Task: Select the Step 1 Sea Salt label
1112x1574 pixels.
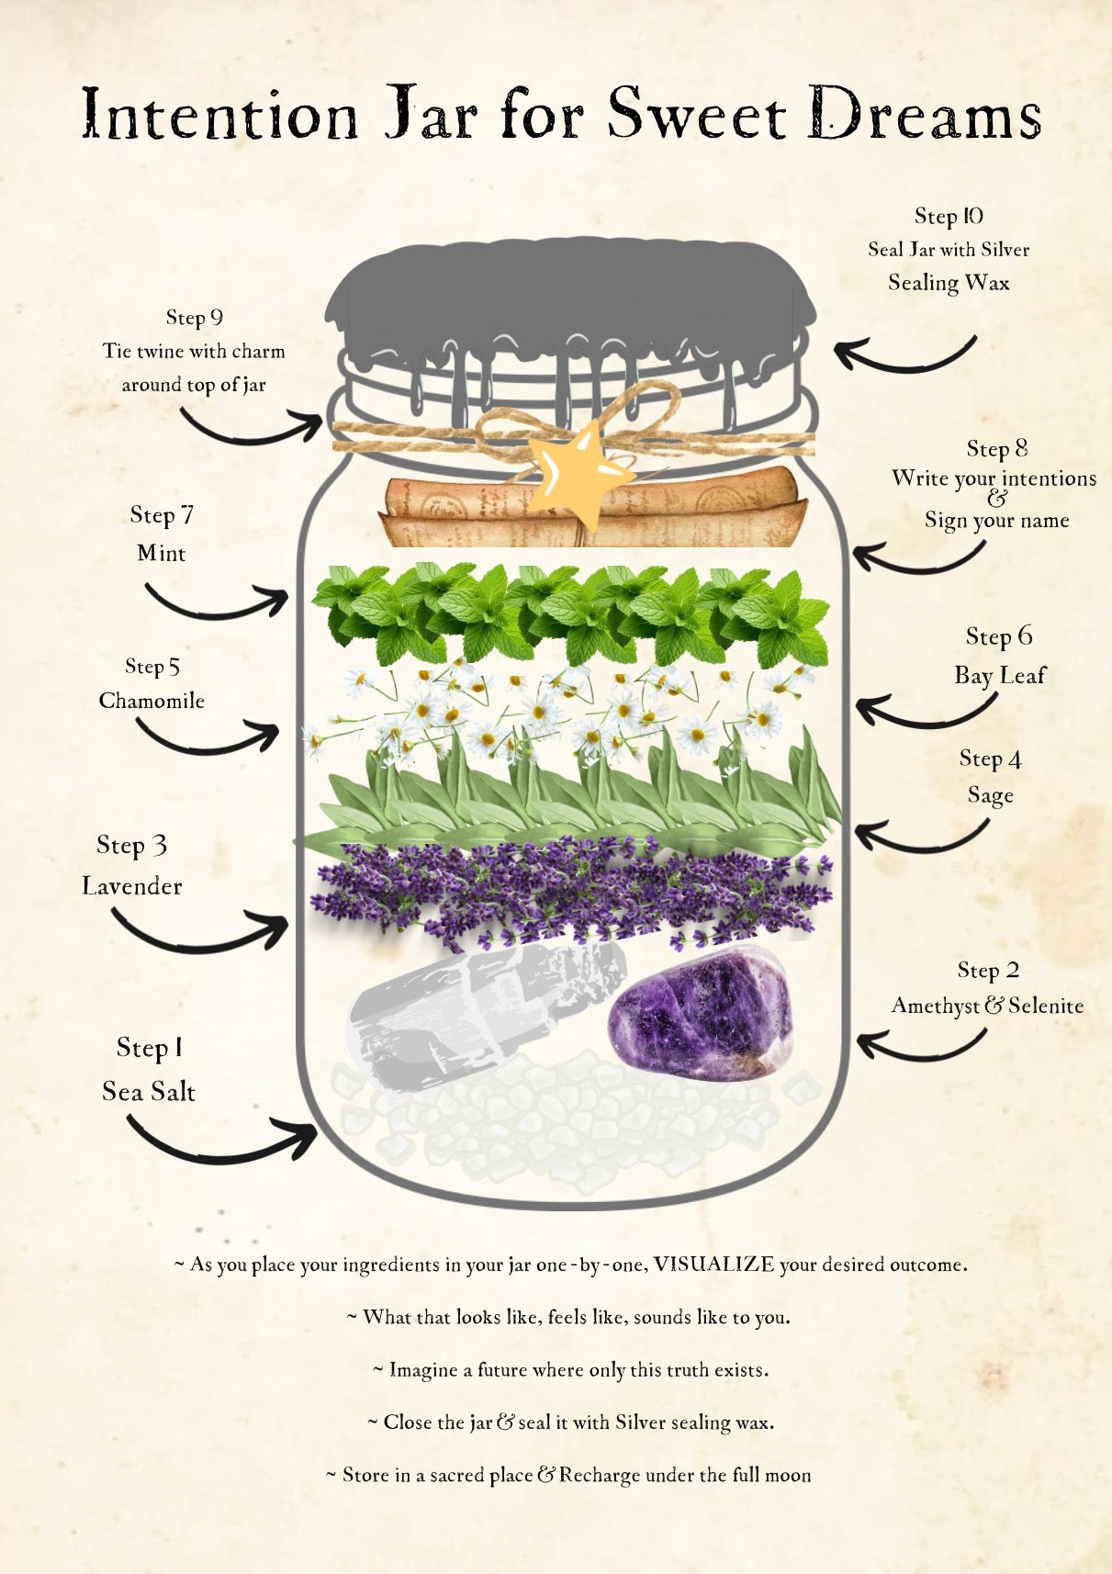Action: click(149, 1070)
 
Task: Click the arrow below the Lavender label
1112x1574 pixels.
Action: click(199, 929)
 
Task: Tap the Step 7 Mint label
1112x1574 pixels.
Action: click(162, 534)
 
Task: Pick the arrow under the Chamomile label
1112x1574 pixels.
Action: click(208, 736)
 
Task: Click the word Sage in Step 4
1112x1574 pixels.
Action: click(991, 795)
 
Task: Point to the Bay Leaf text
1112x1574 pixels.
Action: click(1000, 675)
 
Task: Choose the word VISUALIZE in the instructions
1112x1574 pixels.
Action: click(713, 1265)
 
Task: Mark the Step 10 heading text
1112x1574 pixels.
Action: click(949, 216)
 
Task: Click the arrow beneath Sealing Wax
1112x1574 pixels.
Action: click(904, 354)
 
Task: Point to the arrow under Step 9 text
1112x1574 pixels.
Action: click(251, 426)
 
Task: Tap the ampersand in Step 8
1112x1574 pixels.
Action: click(996, 499)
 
